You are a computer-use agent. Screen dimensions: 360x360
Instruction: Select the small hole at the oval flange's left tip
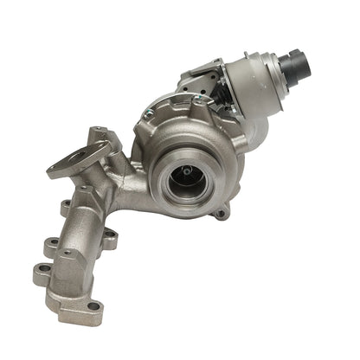pyautogui.click(x=53, y=170)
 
